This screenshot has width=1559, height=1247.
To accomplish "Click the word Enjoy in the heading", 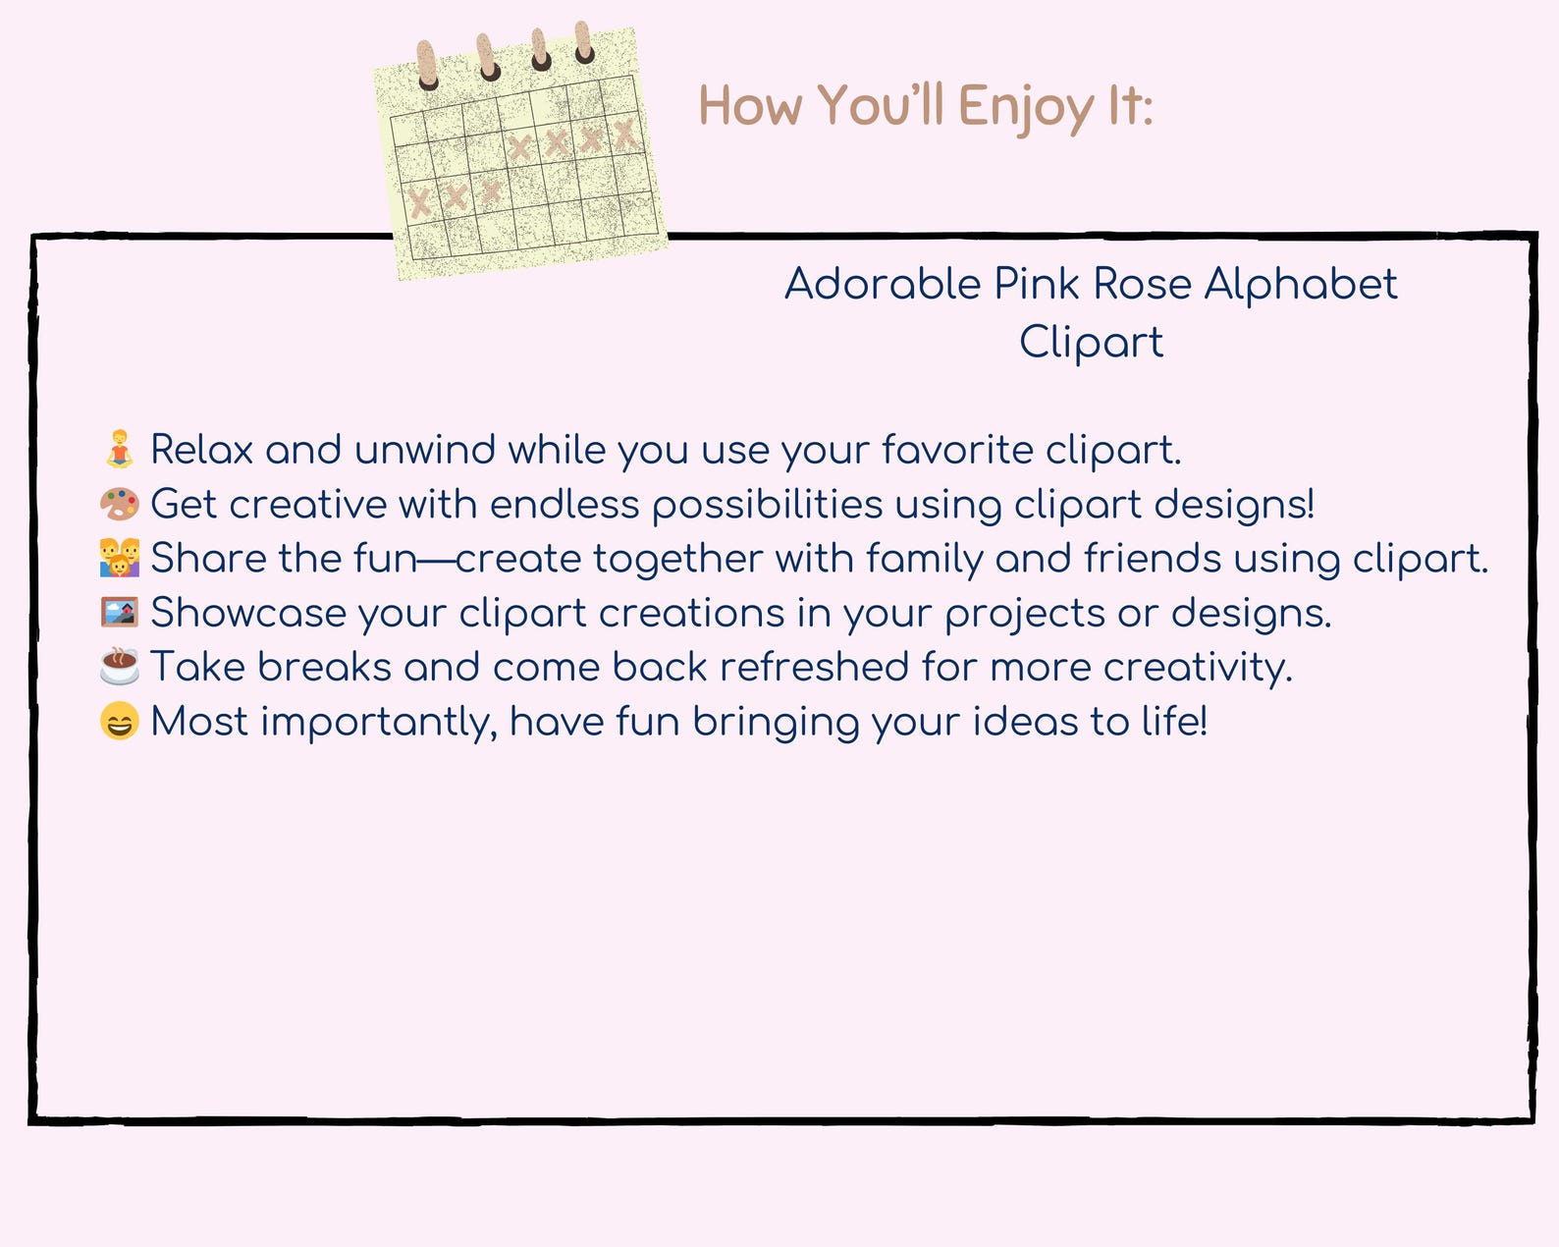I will pos(1025,106).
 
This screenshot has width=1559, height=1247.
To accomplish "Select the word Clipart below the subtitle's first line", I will pos(1091,343).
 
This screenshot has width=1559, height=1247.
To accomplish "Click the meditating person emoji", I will pos(120,449).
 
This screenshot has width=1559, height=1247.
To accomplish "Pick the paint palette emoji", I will pos(120,504).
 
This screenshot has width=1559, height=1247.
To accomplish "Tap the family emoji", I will pos(120,558).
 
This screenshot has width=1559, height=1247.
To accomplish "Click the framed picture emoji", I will pos(120,613).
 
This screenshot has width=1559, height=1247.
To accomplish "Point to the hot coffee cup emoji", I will pos(120,667).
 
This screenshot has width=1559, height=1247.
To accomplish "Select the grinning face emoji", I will pos(120,722).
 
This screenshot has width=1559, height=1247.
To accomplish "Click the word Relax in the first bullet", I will pos(202,450).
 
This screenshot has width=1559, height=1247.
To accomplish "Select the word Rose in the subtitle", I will pos(1142,285).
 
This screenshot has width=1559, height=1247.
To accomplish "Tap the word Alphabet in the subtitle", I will pos(1300,285).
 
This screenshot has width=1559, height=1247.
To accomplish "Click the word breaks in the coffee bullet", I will pos(324,668).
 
